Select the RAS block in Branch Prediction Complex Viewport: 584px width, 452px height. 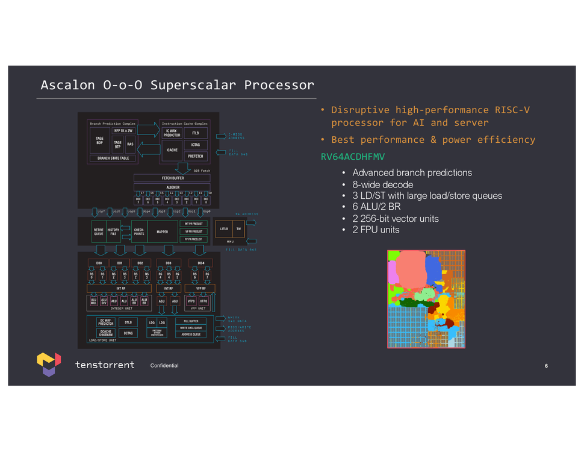(130, 144)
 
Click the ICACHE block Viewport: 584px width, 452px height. (172, 150)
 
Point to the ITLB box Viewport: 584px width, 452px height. (196, 133)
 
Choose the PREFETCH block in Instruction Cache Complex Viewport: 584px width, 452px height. (196, 157)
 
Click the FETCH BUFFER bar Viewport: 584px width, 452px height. (172, 178)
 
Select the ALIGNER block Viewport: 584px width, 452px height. (172, 188)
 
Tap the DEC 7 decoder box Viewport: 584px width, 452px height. (138, 201)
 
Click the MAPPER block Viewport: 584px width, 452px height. (163, 231)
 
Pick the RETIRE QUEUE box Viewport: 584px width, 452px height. (99, 231)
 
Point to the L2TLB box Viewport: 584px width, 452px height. (224, 230)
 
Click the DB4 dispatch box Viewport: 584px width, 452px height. (200, 263)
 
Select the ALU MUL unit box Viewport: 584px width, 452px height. (93, 301)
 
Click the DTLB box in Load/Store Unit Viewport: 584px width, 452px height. (128, 322)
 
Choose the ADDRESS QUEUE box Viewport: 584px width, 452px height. (191, 334)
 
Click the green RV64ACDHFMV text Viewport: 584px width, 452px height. (352, 157)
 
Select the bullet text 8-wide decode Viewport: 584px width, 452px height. (382, 184)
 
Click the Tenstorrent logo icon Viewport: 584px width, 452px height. (48, 364)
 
